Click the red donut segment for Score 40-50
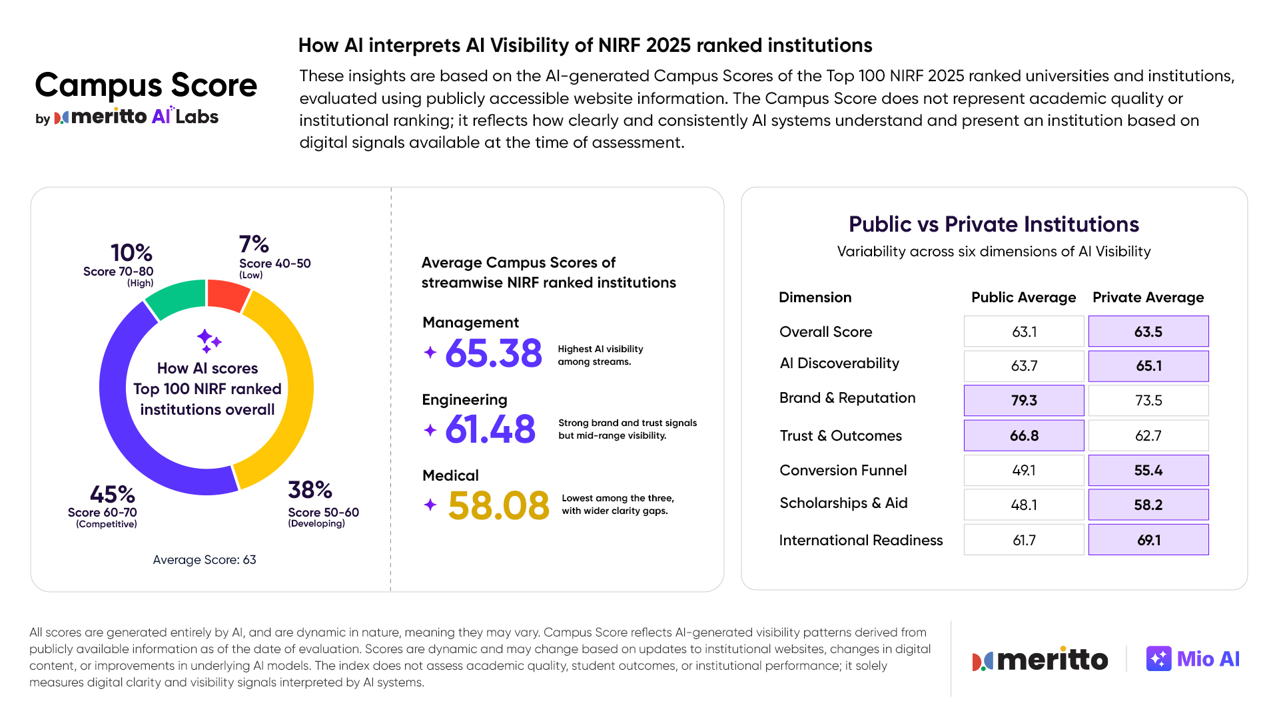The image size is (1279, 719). (x=226, y=295)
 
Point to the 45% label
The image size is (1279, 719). (x=112, y=495)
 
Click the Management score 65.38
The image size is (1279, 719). (x=493, y=354)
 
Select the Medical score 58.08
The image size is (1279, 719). (x=498, y=505)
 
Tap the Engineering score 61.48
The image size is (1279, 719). (x=490, y=429)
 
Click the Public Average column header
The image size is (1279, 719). (x=1023, y=298)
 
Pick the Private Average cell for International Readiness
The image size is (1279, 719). (x=1148, y=540)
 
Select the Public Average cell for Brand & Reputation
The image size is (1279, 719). (x=1023, y=401)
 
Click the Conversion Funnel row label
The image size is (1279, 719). (x=843, y=471)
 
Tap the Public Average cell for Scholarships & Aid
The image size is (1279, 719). (x=1023, y=505)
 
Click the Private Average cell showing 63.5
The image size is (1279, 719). (x=1148, y=332)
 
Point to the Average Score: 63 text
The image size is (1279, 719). (x=204, y=560)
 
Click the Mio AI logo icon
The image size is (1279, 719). (x=1158, y=659)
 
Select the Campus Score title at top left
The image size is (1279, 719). (x=146, y=85)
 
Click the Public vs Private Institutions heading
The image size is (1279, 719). (x=993, y=224)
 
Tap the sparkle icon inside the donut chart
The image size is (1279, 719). (x=209, y=341)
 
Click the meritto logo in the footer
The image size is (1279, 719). (x=1040, y=660)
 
